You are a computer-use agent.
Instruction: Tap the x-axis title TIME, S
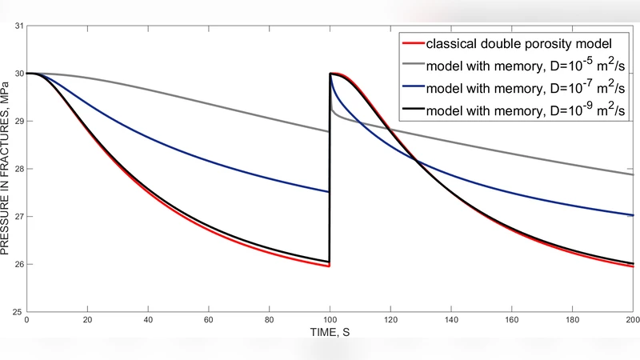click(330, 331)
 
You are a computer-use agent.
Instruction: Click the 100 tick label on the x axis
click(330, 321)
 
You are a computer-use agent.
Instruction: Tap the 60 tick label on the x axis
click(209, 321)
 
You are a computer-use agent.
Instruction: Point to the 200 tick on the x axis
click(631, 321)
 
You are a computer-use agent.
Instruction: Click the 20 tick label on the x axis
click(87, 321)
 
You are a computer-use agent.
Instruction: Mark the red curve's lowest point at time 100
click(329, 266)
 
